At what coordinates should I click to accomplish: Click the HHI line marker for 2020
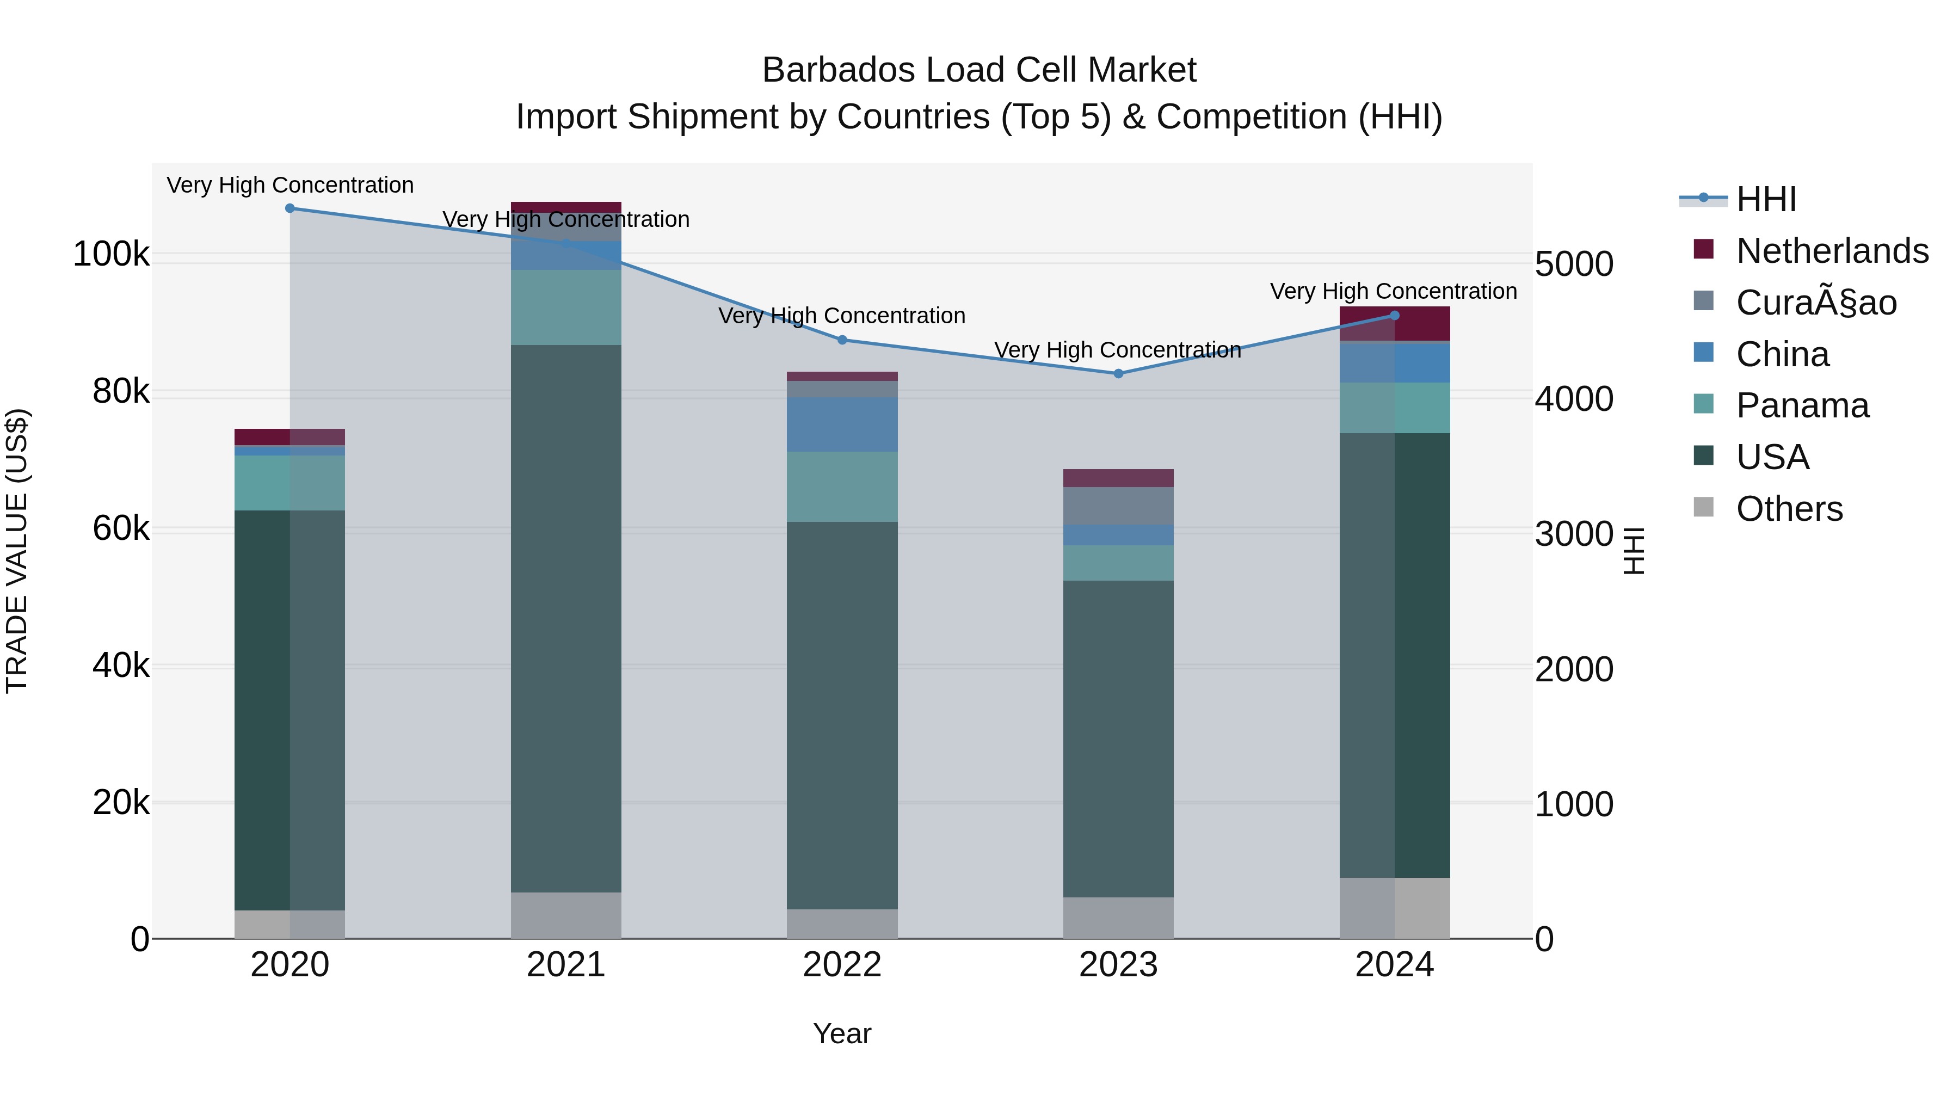(289, 208)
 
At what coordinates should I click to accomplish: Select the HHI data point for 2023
(1118, 373)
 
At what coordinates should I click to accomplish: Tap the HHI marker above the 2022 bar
(842, 340)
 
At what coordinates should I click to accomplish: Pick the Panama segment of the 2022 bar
(842, 487)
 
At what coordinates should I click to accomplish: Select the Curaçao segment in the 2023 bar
(1118, 506)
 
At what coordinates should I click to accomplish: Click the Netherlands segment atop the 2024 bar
(1395, 324)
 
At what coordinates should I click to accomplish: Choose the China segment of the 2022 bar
(842, 424)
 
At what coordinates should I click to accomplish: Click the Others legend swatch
(1703, 507)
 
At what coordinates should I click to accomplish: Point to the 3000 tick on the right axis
(1573, 534)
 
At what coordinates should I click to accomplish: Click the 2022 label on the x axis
(842, 965)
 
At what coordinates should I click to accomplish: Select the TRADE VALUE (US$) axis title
(17, 551)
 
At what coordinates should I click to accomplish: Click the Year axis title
(842, 1033)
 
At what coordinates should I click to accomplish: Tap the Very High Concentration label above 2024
(1393, 291)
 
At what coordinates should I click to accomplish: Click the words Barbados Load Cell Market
(979, 70)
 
